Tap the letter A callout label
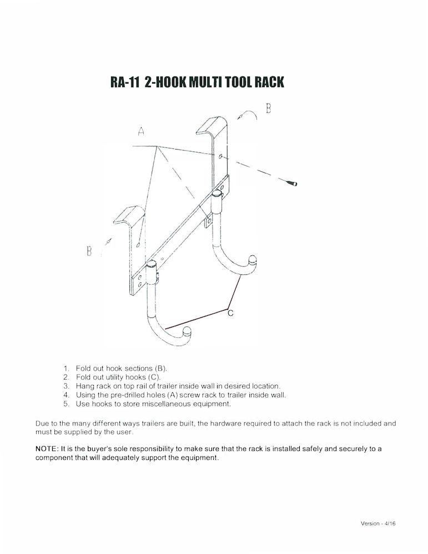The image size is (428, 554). click(x=141, y=132)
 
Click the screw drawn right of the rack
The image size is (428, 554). click(x=294, y=183)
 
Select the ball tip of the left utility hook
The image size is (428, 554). click(x=187, y=333)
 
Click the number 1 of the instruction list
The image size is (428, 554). click(x=66, y=368)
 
